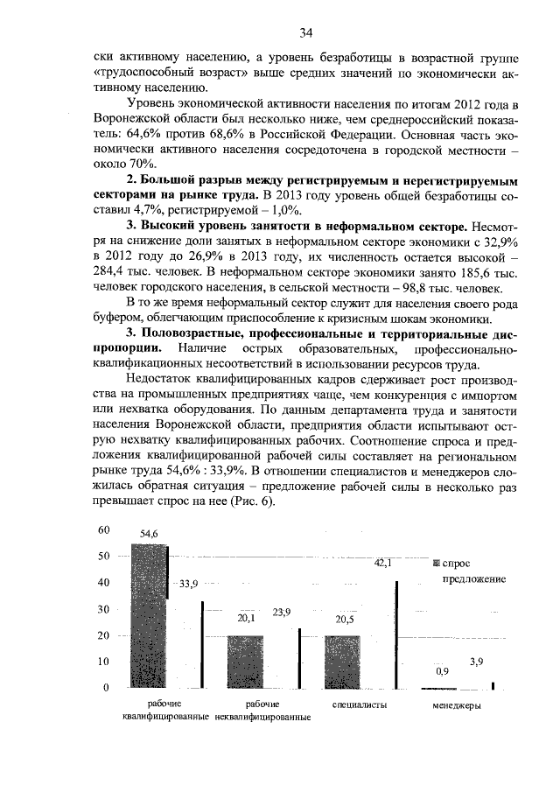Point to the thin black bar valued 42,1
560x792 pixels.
point(396,634)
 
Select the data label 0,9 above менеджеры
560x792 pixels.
point(442,672)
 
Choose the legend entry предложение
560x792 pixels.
point(469,579)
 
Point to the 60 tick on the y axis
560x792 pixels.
point(104,529)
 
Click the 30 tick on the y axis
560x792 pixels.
point(104,609)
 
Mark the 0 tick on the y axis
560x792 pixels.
point(107,688)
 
